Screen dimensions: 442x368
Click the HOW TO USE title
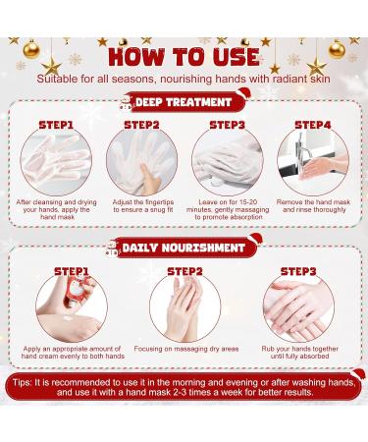[x=184, y=55]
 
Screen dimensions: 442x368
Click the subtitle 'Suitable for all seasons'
[x=184, y=77]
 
